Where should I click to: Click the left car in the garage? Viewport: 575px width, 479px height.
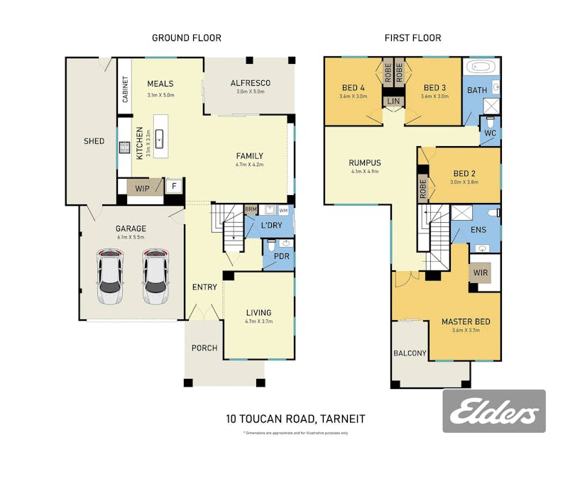point(109,277)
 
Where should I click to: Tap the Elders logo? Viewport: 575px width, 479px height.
point(494,412)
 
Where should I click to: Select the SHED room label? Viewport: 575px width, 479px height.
point(94,141)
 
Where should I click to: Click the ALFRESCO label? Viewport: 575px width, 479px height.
point(250,83)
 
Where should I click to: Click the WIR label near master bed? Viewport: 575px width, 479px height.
point(479,272)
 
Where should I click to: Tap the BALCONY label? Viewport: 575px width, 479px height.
point(410,353)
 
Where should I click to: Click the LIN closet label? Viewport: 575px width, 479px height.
point(394,102)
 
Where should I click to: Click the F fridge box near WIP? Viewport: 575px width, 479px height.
point(174,187)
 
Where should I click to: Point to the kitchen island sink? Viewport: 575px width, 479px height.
point(160,138)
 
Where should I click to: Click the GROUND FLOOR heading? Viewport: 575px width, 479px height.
point(187,38)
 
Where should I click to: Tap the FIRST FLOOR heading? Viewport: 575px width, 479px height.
point(412,38)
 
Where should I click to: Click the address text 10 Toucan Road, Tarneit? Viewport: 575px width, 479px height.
point(295,419)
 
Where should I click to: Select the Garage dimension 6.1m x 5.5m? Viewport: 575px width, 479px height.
point(131,237)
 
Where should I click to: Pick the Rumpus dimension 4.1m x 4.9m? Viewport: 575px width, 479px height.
point(365,171)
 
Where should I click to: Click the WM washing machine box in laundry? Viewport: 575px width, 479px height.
point(283,211)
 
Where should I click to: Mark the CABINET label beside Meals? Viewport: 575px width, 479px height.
point(125,89)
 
